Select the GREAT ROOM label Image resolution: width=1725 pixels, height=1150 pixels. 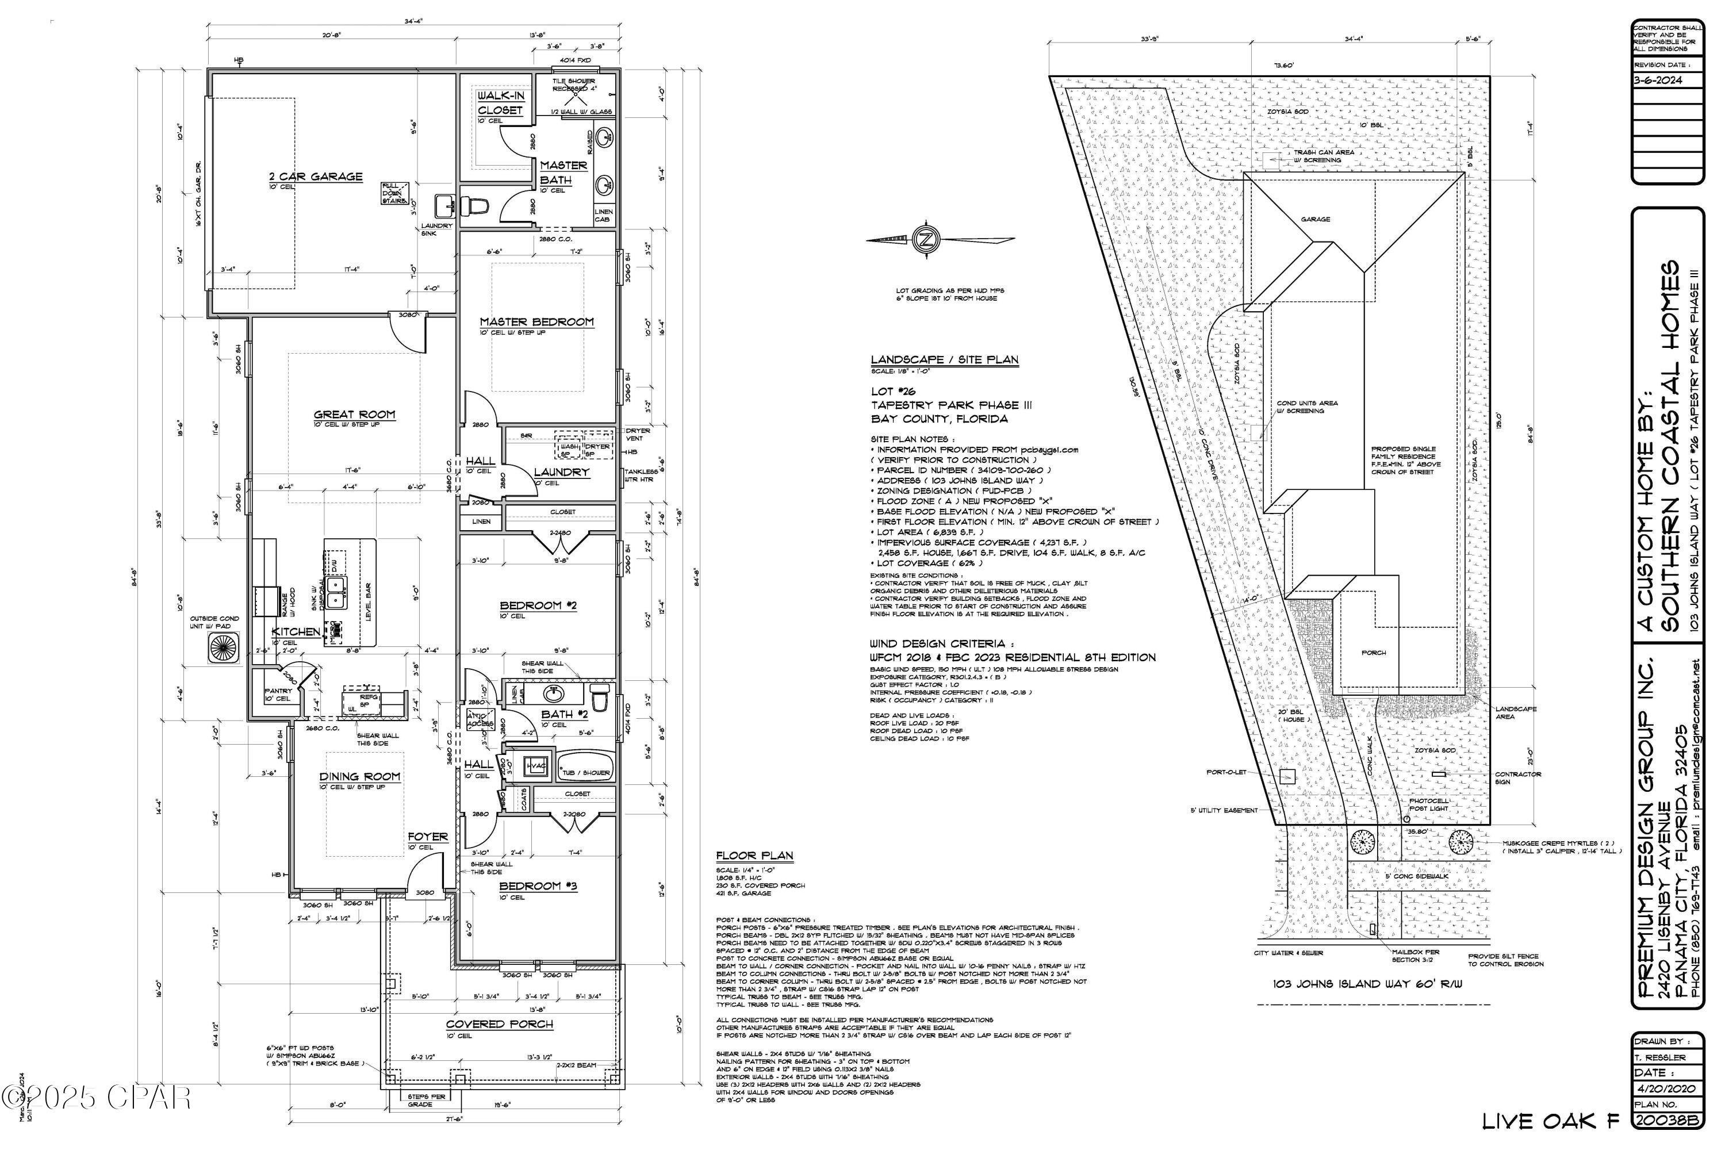pos(354,415)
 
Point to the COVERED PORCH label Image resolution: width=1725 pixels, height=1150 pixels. pos(500,1024)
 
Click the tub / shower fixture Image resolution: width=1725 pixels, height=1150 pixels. pos(585,766)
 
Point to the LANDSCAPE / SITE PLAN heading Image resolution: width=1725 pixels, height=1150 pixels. pos(944,359)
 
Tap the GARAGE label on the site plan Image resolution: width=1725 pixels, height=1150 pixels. pos(1315,219)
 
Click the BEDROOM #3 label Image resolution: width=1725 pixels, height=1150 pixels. pos(538,886)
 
